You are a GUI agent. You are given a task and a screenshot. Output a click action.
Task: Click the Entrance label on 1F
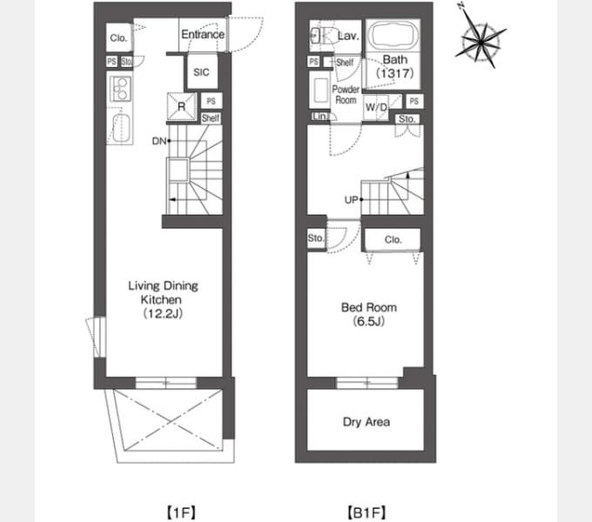(x=203, y=34)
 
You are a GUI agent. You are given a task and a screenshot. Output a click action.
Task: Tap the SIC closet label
(x=201, y=72)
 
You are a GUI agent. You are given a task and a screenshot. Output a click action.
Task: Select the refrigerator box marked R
(x=182, y=107)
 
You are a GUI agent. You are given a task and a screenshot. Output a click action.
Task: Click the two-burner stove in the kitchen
(x=120, y=89)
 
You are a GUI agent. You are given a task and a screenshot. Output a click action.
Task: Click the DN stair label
(x=159, y=141)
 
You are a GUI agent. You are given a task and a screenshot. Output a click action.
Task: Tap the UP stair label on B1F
(x=351, y=199)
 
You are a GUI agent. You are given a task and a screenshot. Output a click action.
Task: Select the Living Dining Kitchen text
(x=163, y=292)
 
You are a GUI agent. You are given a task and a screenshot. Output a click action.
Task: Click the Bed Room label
(x=369, y=307)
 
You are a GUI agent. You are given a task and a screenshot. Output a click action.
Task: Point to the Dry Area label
(x=367, y=422)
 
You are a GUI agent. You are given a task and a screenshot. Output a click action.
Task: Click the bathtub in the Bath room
(x=394, y=34)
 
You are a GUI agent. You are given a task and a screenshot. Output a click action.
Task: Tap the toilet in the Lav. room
(x=324, y=36)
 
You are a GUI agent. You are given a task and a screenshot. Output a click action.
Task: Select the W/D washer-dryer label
(x=376, y=108)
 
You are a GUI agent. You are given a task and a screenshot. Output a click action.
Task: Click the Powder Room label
(x=346, y=95)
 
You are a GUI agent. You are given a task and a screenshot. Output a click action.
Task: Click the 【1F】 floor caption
(x=181, y=512)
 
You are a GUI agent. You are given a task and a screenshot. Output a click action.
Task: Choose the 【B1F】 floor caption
(x=367, y=512)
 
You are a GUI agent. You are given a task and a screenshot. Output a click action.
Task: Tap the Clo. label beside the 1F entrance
(x=118, y=37)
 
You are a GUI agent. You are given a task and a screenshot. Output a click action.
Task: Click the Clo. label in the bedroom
(x=393, y=239)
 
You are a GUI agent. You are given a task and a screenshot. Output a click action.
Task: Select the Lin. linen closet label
(x=320, y=117)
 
